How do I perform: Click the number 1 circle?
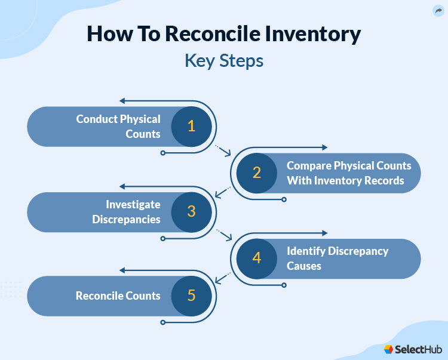point(191,126)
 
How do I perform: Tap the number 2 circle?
point(256,173)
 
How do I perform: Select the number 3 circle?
point(191,211)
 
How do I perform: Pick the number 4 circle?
point(256,258)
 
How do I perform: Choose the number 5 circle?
point(191,296)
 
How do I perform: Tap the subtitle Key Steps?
point(224,61)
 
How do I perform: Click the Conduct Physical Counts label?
point(118,126)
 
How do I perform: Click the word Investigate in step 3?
point(133,205)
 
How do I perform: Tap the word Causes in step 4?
point(304,266)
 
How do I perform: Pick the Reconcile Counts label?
point(118,296)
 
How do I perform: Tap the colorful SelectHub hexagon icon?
point(389,349)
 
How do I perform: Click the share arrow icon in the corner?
point(438,11)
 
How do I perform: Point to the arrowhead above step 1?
point(122,101)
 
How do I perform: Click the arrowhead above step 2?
point(324,147)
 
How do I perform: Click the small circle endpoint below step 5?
point(163,322)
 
